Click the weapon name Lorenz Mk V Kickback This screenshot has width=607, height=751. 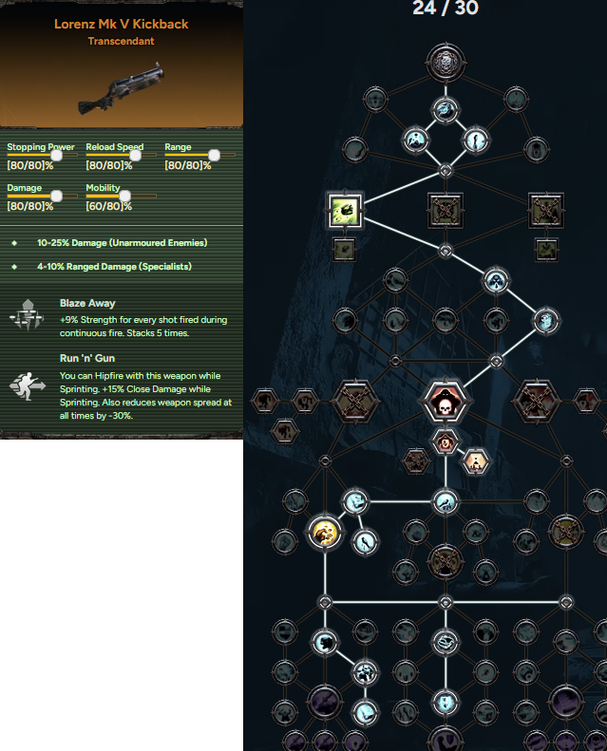pyautogui.click(x=122, y=24)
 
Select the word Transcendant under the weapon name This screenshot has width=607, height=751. pyautogui.click(x=122, y=41)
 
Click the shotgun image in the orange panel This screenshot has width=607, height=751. pyautogui.click(x=122, y=88)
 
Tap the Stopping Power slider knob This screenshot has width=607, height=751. pyautogui.click(x=57, y=155)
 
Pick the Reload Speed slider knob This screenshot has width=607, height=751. pyautogui.click(x=136, y=155)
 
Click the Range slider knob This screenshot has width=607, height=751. pyautogui.click(x=214, y=155)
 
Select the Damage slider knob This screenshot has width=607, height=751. pyautogui.click(x=57, y=196)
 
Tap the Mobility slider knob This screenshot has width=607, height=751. pyautogui.click(x=125, y=196)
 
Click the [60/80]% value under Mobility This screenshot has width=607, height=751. pyautogui.click(x=108, y=206)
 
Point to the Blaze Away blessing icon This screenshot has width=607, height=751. pyautogui.click(x=27, y=315)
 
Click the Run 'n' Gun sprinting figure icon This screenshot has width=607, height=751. pyautogui.click(x=28, y=386)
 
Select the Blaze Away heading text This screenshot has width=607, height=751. pyautogui.click(x=87, y=303)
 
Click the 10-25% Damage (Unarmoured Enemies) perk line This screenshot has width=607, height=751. pyautogui.click(x=123, y=243)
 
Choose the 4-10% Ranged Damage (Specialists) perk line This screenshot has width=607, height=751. pyautogui.click(x=115, y=266)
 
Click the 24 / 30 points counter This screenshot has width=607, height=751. pyautogui.click(x=446, y=9)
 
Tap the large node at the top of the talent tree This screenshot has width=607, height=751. pyautogui.click(x=446, y=63)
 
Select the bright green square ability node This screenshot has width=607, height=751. pyautogui.click(x=345, y=210)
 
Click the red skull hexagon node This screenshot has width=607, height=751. pyautogui.click(x=446, y=402)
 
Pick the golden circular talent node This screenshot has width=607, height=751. pyautogui.click(x=325, y=532)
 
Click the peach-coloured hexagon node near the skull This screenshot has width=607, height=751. pyautogui.click(x=475, y=461)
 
